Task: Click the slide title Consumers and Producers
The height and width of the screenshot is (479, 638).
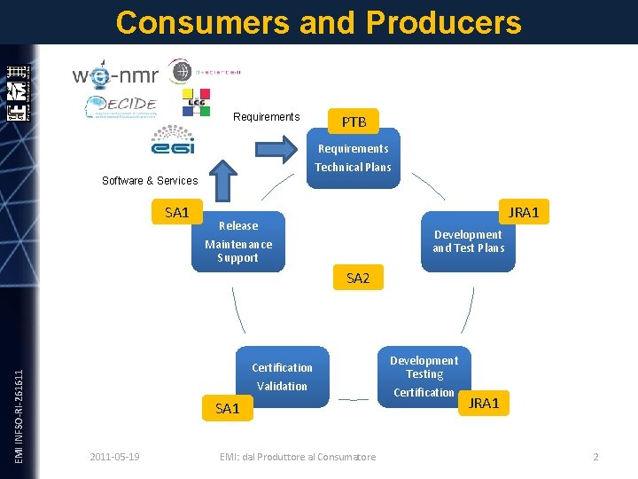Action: tap(318, 22)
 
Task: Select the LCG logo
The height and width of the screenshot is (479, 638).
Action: tap(195, 103)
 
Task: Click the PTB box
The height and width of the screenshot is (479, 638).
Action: tap(354, 122)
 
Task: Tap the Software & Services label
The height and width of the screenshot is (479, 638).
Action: tap(150, 181)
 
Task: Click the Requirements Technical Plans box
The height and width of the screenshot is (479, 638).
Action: tap(353, 158)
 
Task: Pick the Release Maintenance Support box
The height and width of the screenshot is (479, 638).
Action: tap(238, 241)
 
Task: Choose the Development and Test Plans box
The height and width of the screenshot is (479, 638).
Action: tap(468, 241)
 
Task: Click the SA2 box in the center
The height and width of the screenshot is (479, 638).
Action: tap(358, 279)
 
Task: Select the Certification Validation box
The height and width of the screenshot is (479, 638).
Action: tap(282, 376)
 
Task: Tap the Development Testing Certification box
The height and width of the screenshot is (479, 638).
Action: tap(424, 376)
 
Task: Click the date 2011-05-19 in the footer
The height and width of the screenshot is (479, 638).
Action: tap(114, 457)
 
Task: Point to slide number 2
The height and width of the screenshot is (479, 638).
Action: tap(595, 457)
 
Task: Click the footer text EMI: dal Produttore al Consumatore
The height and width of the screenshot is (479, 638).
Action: tap(297, 457)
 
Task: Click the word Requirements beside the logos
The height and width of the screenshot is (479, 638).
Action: tap(266, 117)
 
